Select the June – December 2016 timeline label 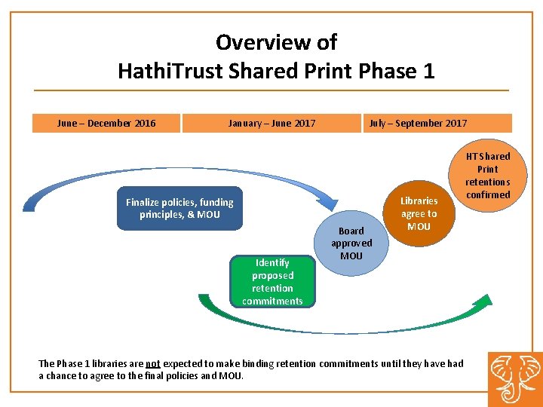coord(106,123)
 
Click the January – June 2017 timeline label coord(272,123)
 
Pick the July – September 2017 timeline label coord(418,123)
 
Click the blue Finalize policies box coord(179,208)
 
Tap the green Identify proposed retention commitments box coord(272,282)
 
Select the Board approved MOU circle coord(351,243)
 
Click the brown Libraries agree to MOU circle coord(419,213)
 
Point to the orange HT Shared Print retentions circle coord(487,176)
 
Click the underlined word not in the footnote coord(152,363)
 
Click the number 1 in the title coord(429,72)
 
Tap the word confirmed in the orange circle coord(488,194)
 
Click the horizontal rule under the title coord(271,90)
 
